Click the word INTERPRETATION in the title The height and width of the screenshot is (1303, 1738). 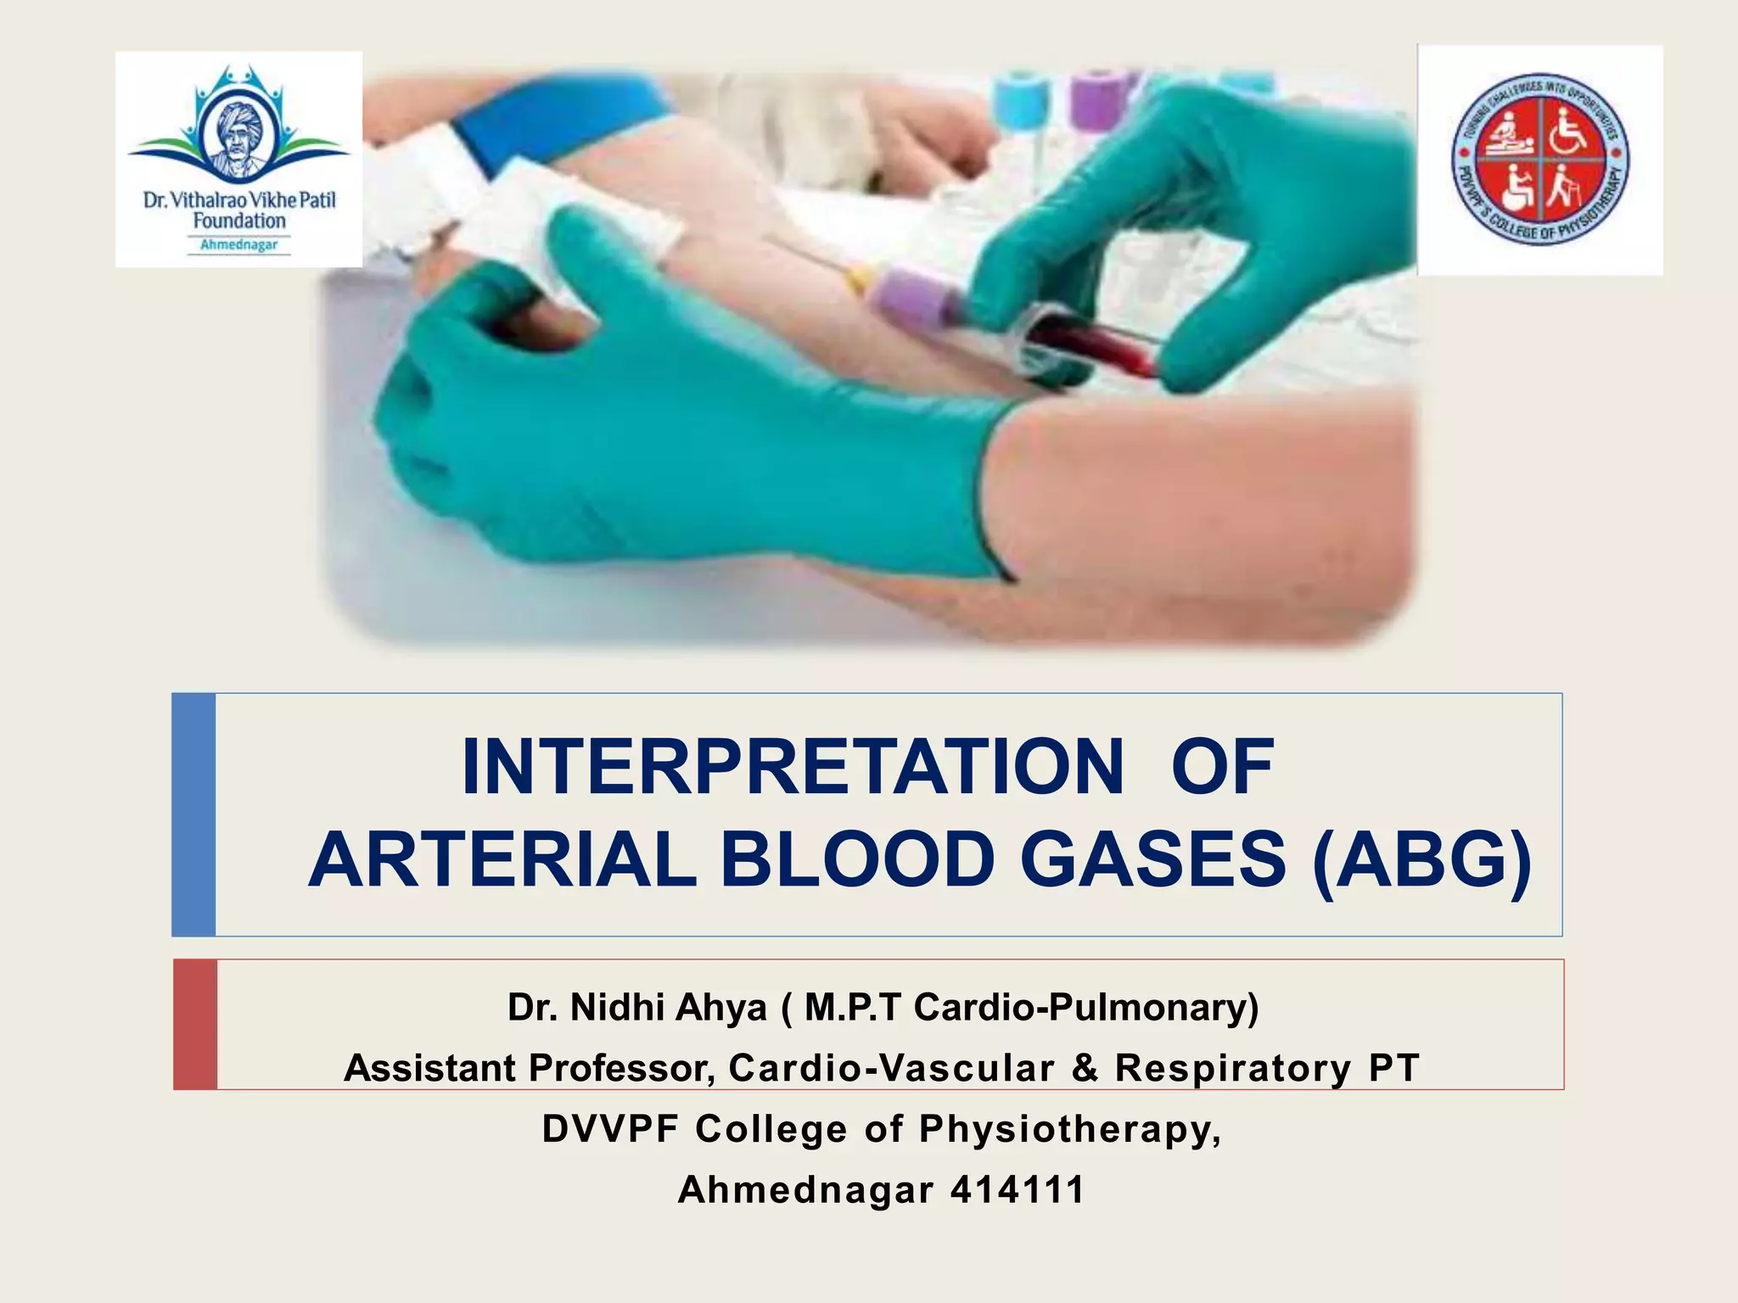click(792, 768)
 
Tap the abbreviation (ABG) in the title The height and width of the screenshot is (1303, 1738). click(1422, 859)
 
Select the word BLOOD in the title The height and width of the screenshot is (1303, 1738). click(856, 859)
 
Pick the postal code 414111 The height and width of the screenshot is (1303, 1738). click(1018, 1189)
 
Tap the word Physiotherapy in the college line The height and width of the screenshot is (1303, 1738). click(1069, 1128)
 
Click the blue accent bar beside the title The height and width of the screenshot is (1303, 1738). click(193, 814)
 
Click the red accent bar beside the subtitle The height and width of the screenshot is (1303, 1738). click(195, 1024)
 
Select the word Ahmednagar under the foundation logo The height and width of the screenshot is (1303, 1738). click(238, 245)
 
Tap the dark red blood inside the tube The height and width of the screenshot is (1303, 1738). click(1095, 346)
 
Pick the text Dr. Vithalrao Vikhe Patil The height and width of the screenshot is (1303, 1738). click(239, 200)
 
